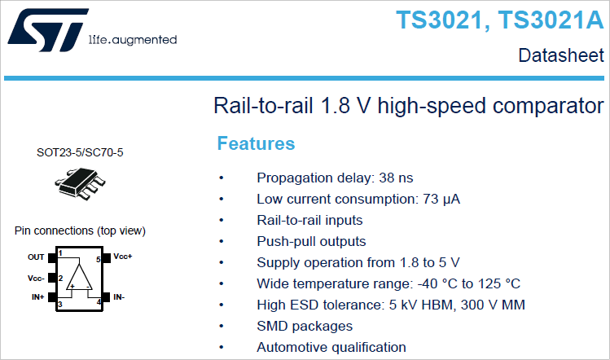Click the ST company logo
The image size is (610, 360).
[48, 30]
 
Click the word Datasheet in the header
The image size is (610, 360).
[561, 55]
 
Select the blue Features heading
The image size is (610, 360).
[256, 143]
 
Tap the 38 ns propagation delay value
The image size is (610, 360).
[396, 178]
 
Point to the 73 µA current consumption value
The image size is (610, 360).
[441, 200]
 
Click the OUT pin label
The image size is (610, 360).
[36, 257]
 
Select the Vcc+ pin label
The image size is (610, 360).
[123, 257]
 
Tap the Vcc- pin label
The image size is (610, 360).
[36, 279]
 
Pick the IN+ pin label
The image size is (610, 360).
[37, 297]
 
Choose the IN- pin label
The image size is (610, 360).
[119, 297]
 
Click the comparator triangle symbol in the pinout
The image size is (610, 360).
[79, 277]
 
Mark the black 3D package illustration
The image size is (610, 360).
[80, 184]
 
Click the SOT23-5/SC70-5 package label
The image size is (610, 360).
[80, 152]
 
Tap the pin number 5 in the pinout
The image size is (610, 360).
[99, 259]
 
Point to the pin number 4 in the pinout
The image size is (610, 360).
[99, 302]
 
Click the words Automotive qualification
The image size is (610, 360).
[331, 347]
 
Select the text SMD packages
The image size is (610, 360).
[305, 326]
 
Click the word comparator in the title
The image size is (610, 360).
[548, 106]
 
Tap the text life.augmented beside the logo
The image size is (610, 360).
[133, 40]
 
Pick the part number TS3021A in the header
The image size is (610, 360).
[551, 20]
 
